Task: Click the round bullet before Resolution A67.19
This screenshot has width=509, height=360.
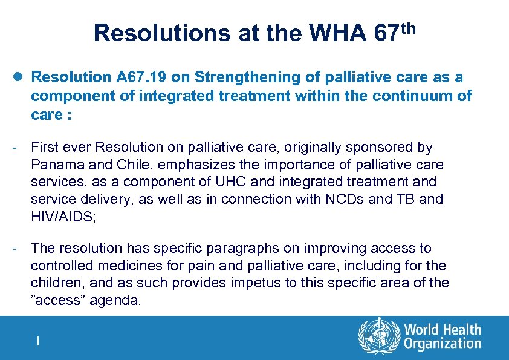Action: [x=20, y=77]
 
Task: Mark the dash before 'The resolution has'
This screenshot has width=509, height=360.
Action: [x=20, y=248]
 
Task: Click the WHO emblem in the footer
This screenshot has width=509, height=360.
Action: [x=379, y=336]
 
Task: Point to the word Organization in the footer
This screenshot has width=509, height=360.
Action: [x=443, y=344]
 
